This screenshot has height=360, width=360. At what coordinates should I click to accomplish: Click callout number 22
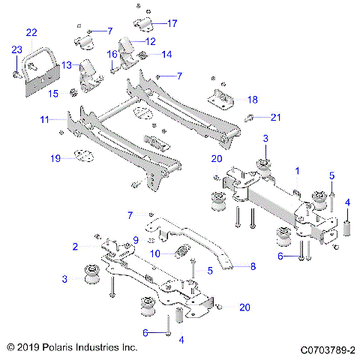[31, 32]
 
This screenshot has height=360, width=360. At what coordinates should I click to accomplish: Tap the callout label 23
[16, 50]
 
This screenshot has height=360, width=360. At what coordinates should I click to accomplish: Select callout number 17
[172, 23]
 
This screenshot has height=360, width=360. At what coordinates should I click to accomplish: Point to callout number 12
[150, 41]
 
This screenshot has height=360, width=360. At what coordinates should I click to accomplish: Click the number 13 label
[67, 65]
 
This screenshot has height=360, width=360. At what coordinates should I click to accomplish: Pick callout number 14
[166, 54]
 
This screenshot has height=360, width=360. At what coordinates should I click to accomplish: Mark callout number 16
[112, 54]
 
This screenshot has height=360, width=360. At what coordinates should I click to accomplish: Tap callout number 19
[54, 158]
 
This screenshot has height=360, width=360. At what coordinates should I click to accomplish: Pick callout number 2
[75, 246]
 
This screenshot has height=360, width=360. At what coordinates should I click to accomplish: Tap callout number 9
[136, 240]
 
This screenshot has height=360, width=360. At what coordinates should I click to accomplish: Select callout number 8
[253, 265]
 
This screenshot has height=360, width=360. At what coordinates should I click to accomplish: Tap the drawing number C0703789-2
[328, 349]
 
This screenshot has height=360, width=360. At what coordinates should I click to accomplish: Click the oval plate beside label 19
[80, 157]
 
